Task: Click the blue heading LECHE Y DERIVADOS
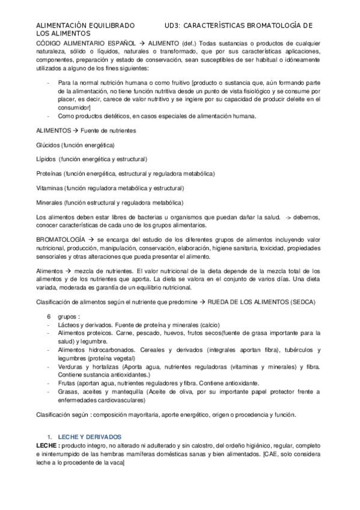[90, 436]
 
